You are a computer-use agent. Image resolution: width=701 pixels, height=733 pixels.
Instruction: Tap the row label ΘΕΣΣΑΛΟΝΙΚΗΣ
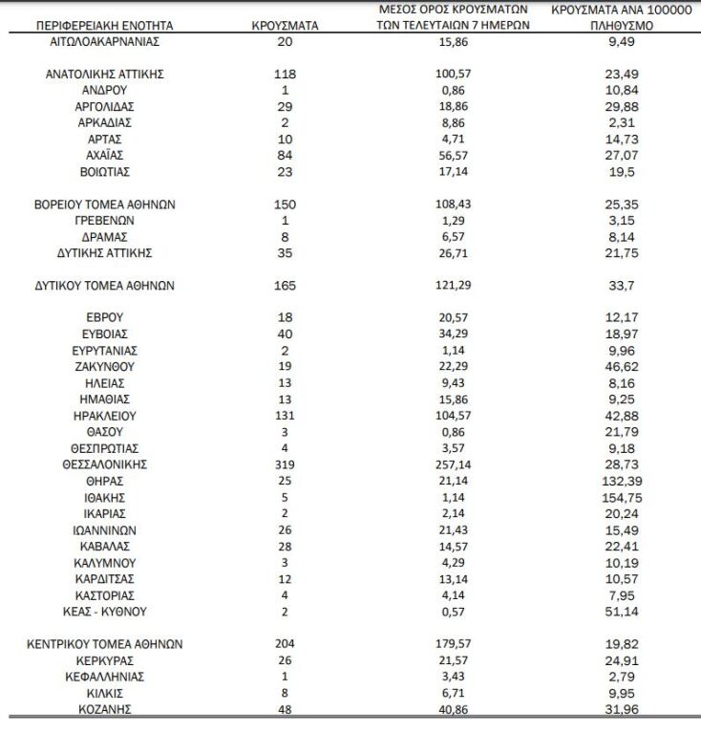coord(104,464)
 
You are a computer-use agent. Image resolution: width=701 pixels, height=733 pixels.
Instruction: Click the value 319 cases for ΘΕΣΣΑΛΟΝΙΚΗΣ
coord(285,464)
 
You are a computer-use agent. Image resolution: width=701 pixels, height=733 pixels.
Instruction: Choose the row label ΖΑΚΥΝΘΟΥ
coord(104,366)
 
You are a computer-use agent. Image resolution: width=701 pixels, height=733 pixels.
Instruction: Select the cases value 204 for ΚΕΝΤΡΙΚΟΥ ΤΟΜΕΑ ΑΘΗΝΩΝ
coord(285,644)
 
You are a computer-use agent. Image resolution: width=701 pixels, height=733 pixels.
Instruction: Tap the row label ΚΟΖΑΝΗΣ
coord(104,709)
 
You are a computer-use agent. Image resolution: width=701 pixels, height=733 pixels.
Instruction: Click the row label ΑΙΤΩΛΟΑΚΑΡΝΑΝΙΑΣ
coord(104,43)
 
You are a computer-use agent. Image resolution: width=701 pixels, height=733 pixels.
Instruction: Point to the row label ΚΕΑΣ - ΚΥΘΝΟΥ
coord(104,612)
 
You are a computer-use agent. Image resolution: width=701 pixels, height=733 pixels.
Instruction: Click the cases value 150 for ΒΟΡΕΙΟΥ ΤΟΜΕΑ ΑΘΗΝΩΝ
coord(285,205)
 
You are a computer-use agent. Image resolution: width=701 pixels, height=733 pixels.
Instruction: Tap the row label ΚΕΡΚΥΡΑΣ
coord(104,660)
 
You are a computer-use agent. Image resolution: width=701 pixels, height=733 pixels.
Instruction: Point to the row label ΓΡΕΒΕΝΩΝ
coord(104,220)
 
